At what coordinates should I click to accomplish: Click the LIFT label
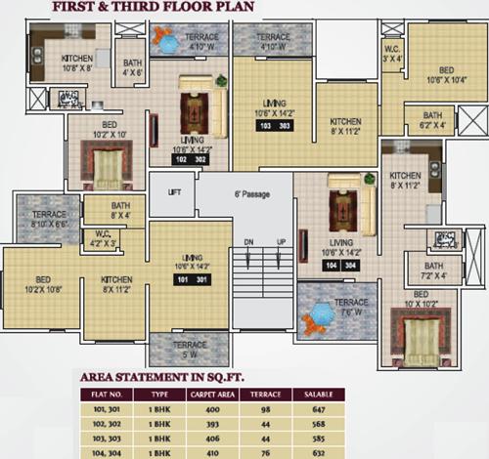175,192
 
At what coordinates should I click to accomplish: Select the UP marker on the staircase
282,241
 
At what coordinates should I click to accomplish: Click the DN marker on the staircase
248,241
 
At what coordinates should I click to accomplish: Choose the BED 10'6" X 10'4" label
445,75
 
